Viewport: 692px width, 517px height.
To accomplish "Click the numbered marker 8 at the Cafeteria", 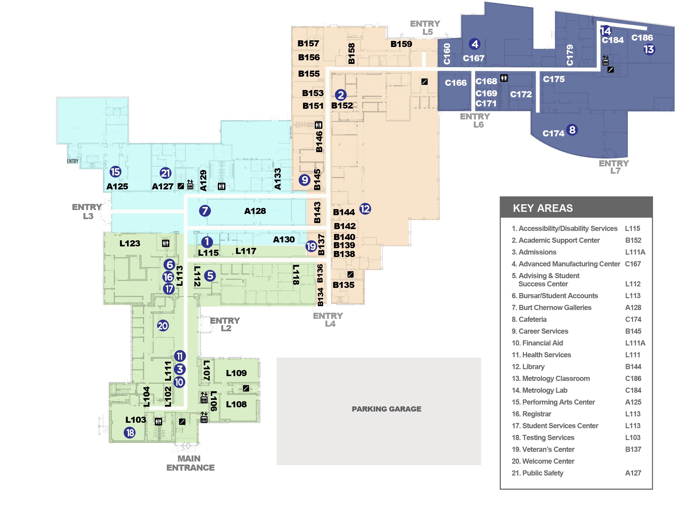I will (x=572, y=130).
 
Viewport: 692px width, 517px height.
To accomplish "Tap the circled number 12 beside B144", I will (x=365, y=209).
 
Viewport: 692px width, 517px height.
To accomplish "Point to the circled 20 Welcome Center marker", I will (x=163, y=326).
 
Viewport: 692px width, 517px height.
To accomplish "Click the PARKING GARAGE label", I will (x=386, y=409).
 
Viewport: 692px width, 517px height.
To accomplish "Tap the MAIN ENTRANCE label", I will (x=190, y=463).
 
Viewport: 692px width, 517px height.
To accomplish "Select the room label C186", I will (x=642, y=38).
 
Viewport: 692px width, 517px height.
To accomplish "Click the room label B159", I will (x=401, y=44).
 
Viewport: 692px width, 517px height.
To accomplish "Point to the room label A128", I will (x=255, y=211).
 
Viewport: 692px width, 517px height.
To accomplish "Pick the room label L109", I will (x=236, y=373).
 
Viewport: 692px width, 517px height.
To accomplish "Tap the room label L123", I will (x=130, y=243).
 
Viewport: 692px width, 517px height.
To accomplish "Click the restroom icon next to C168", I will (x=504, y=78).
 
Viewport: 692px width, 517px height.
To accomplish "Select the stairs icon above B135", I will (x=350, y=275).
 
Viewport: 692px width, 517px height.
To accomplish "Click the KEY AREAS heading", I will (x=543, y=208).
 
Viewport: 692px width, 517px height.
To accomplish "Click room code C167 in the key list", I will (x=633, y=264).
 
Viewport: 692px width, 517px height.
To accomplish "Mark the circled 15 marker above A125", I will (x=115, y=172).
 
